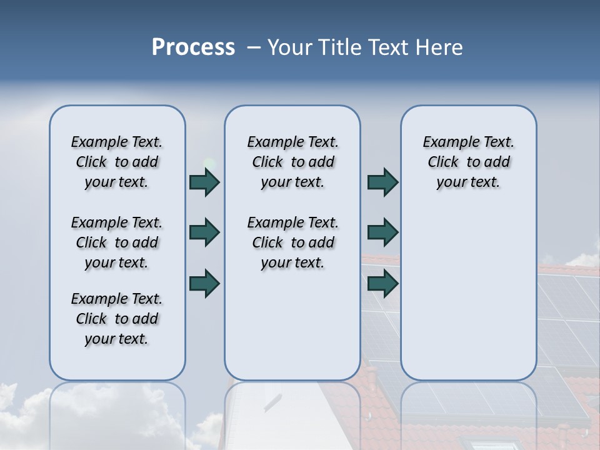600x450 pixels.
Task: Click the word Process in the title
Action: pos(193,47)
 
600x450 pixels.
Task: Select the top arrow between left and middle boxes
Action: pos(204,182)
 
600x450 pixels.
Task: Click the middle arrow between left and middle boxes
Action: pos(204,232)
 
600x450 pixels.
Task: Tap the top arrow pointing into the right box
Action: pos(382,182)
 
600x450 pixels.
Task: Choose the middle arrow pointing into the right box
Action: pos(382,232)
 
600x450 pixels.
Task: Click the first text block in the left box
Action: pos(117,162)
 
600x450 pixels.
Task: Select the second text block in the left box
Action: pos(117,242)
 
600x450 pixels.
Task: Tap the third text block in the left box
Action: pos(117,319)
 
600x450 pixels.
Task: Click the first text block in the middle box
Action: pos(293,162)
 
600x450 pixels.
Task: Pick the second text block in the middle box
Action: pos(293,242)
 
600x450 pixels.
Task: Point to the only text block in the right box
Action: pos(469,162)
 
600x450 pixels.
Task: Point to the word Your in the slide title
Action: pos(290,47)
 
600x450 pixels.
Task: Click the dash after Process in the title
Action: pos(254,47)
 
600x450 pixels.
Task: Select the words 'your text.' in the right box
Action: pos(468,182)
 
